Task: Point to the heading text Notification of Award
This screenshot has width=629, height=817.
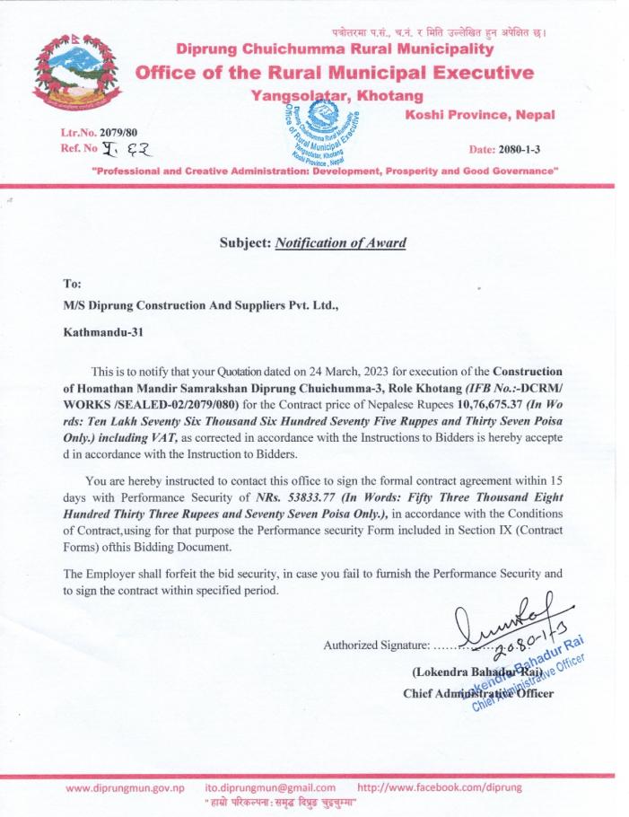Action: (340, 242)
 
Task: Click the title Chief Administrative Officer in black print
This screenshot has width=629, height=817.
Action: (478, 693)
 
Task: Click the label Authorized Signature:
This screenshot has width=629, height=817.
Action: (375, 645)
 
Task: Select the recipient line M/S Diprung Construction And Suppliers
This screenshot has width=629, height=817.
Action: (200, 305)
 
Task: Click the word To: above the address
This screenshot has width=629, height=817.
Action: (73, 281)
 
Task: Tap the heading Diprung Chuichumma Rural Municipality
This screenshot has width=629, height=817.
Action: (335, 48)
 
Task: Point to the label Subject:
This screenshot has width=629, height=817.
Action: (245, 242)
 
